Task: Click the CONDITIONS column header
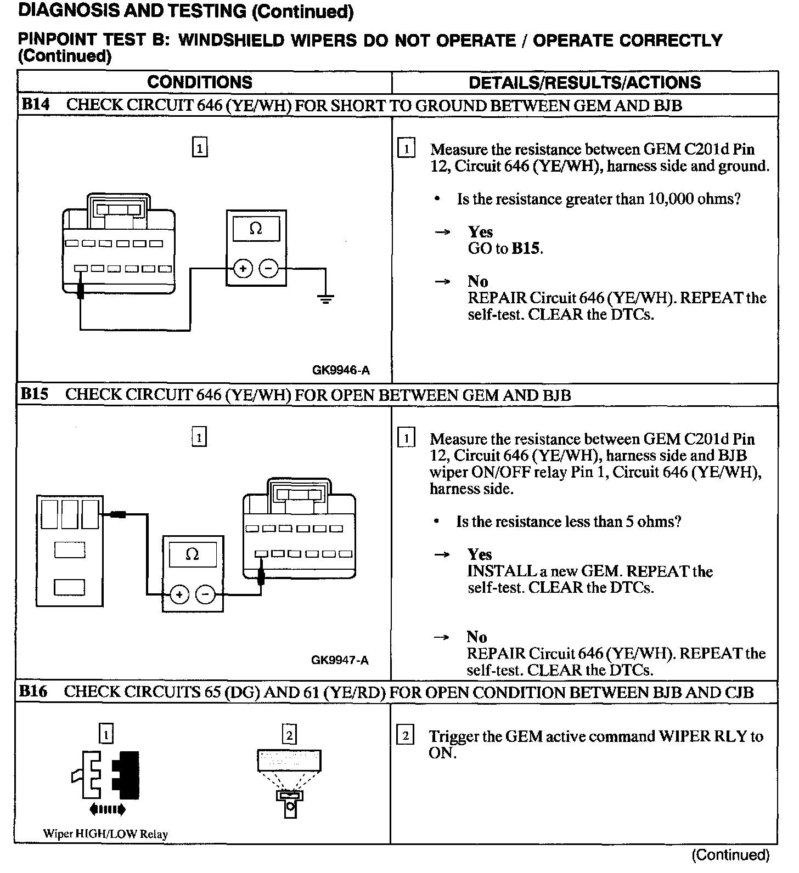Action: click(x=200, y=82)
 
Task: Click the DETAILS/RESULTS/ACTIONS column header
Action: click(x=584, y=82)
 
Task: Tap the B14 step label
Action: click(x=35, y=105)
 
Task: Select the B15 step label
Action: click(x=35, y=394)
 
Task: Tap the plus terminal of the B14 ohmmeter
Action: click(x=243, y=269)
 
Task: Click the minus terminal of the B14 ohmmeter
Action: click(x=268, y=269)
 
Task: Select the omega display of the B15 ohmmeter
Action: click(x=193, y=554)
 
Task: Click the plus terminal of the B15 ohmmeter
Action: click(x=179, y=594)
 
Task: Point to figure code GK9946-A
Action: click(x=341, y=371)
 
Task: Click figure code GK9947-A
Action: click(x=340, y=660)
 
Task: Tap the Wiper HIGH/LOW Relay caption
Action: click(x=105, y=834)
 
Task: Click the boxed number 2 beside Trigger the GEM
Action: click(x=405, y=736)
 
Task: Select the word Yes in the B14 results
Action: click(x=480, y=232)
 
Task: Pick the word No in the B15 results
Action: click(x=477, y=637)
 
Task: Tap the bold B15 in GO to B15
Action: click(x=526, y=248)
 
